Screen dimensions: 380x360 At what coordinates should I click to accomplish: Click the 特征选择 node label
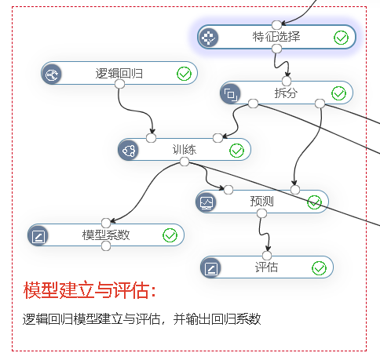point(276,37)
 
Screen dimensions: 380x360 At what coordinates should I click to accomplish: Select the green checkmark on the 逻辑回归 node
point(184,74)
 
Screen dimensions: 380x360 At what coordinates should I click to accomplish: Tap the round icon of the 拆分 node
point(230,94)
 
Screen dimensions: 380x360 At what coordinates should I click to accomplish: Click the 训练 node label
point(185,150)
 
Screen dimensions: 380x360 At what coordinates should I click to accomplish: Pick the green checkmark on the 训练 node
point(236,151)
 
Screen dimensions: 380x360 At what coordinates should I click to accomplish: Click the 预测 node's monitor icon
point(206,202)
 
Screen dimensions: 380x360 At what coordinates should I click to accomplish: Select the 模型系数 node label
point(106,235)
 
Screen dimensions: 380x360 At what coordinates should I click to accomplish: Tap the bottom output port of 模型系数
point(106,246)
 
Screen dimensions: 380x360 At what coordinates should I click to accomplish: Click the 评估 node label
point(266,267)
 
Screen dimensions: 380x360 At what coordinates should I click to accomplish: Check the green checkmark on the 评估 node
point(319,268)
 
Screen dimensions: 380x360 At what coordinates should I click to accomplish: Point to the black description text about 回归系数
point(141,319)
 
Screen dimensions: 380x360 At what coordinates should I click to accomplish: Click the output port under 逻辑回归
point(119,84)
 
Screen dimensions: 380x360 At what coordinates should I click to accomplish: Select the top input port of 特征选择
point(276,25)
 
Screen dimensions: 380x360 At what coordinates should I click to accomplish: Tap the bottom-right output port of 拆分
point(320,104)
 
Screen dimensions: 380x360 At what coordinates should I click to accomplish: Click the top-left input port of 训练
point(151,138)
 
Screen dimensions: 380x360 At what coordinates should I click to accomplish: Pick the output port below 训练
point(185,162)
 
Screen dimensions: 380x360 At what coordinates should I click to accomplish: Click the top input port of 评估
point(267,256)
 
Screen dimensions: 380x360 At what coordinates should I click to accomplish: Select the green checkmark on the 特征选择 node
point(341,38)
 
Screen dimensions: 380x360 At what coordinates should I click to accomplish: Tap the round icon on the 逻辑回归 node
point(51,75)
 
